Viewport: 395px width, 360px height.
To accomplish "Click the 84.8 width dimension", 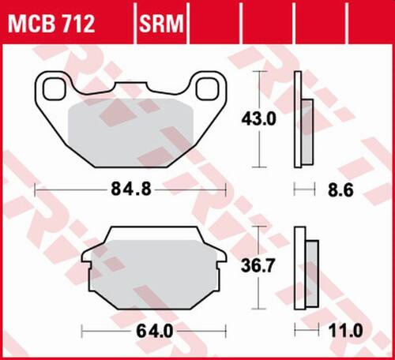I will tap(130, 190).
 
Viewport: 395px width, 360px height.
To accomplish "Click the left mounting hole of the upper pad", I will tap(55, 88).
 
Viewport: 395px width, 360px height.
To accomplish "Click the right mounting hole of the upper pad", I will tap(208, 88).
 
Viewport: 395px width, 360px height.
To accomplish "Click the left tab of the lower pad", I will tap(89, 257).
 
